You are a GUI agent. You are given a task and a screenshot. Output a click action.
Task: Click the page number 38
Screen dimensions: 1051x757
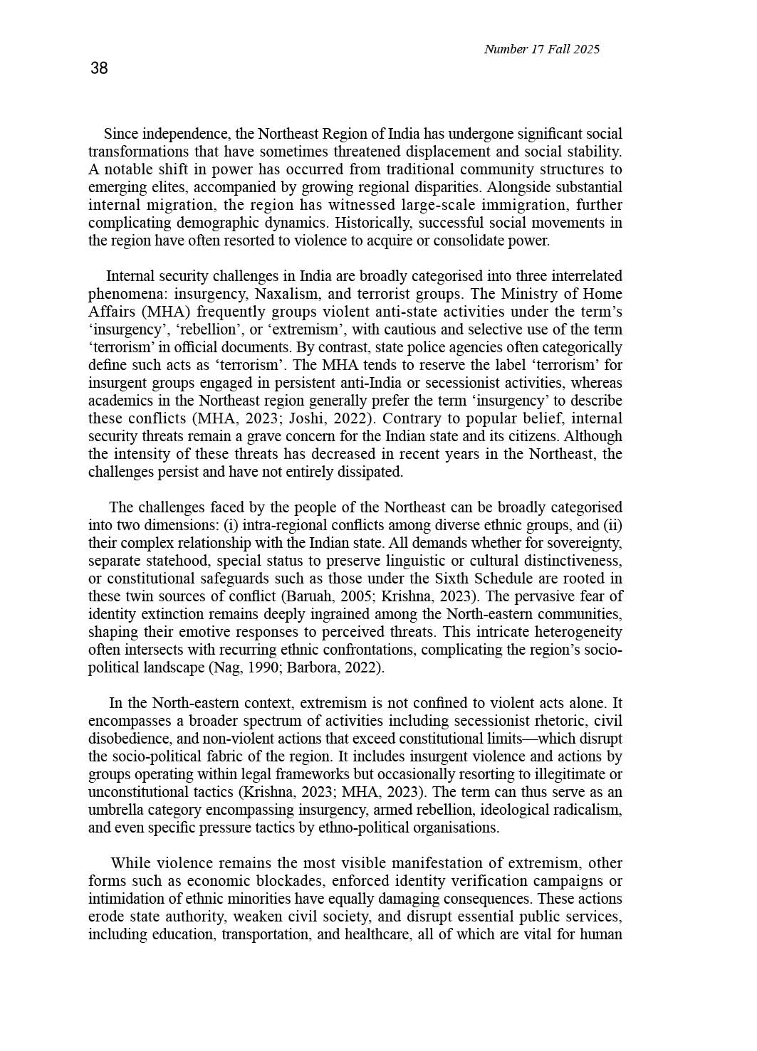[x=99, y=68]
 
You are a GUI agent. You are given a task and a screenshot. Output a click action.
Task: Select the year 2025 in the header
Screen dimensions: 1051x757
[x=586, y=49]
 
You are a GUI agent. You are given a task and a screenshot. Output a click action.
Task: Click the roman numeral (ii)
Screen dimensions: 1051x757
[x=612, y=525]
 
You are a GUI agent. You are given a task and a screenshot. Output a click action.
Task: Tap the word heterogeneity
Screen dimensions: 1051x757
[x=578, y=632]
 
